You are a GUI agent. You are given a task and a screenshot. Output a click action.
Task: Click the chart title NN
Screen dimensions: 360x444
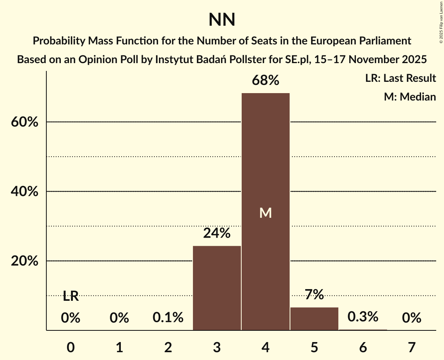pyautogui.click(x=222, y=20)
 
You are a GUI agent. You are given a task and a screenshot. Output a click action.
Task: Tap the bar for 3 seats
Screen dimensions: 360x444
pyautogui.click(x=217, y=288)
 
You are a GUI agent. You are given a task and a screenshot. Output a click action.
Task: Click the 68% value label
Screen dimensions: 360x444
pyautogui.click(x=265, y=81)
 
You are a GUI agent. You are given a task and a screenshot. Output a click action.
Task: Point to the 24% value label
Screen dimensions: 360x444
pyautogui.click(x=217, y=233)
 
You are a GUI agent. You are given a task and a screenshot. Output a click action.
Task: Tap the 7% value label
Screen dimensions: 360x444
pyautogui.click(x=314, y=295)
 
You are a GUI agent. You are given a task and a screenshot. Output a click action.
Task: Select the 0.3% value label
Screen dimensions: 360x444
pyautogui.click(x=363, y=317)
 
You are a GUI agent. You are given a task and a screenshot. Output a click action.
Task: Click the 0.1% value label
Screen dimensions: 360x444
pyautogui.click(x=168, y=318)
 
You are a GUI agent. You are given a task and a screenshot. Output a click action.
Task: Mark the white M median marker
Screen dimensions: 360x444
pyautogui.click(x=265, y=213)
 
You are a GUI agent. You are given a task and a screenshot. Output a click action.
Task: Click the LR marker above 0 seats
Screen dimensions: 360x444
pyautogui.click(x=71, y=296)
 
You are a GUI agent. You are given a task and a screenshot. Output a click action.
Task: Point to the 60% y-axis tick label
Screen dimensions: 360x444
pyautogui.click(x=24, y=122)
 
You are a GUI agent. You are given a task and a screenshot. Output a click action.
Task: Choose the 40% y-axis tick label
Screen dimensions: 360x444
pyautogui.click(x=24, y=192)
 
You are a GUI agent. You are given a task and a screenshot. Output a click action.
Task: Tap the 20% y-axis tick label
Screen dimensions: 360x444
pyautogui.click(x=24, y=261)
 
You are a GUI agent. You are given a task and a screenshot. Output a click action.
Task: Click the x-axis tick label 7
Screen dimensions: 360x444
pyautogui.click(x=412, y=347)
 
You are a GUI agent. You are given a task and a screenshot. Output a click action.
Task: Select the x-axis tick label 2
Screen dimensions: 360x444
pyautogui.click(x=168, y=347)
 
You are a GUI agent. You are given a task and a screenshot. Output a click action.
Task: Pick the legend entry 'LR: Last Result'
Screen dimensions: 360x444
pyautogui.click(x=400, y=78)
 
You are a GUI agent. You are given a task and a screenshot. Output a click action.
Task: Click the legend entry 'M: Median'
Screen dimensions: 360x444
pyautogui.click(x=410, y=97)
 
